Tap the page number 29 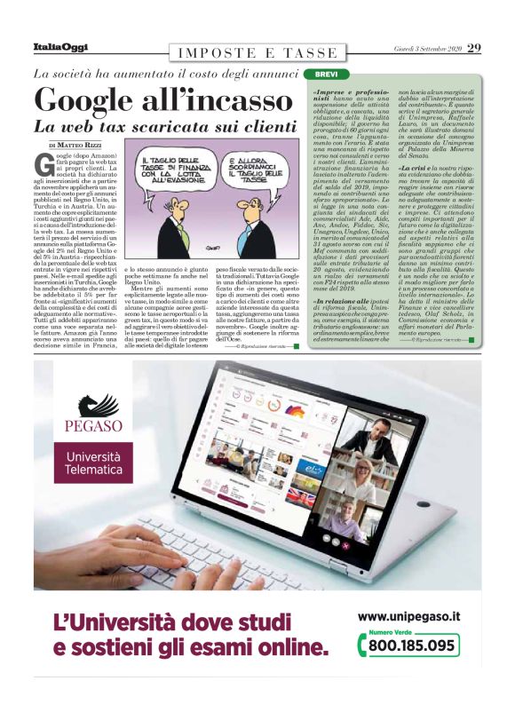[474, 47]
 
